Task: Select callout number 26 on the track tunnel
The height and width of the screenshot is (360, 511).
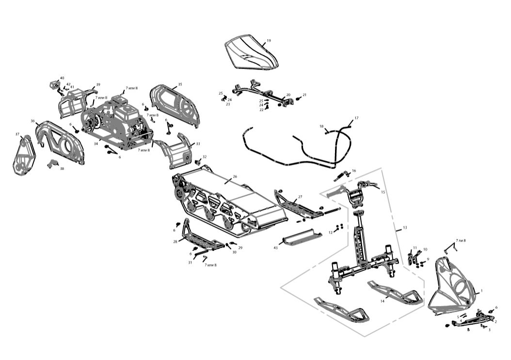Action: [x=235, y=177]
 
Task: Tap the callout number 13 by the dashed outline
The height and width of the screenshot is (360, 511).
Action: [x=405, y=227]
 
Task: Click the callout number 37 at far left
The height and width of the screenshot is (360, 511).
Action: [x=17, y=134]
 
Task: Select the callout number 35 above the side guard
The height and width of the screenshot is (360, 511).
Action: [x=180, y=84]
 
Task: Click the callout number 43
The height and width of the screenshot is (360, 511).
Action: [x=275, y=248]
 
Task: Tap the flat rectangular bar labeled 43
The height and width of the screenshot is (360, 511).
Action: [x=302, y=237]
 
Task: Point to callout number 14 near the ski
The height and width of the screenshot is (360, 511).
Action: [x=382, y=301]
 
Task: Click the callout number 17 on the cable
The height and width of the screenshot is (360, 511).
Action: [x=356, y=118]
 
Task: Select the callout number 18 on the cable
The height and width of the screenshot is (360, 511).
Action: [x=321, y=126]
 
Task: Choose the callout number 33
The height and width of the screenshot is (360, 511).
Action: [x=198, y=144]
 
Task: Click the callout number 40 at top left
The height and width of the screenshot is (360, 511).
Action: [x=62, y=78]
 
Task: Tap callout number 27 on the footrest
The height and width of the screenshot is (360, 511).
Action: [x=300, y=197]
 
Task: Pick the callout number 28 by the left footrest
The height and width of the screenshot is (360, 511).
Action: [x=176, y=241]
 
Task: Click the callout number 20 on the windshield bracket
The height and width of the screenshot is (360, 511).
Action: [x=288, y=95]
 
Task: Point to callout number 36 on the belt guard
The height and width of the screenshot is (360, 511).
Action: [x=33, y=121]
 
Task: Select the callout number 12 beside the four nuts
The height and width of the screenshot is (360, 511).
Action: [x=331, y=233]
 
